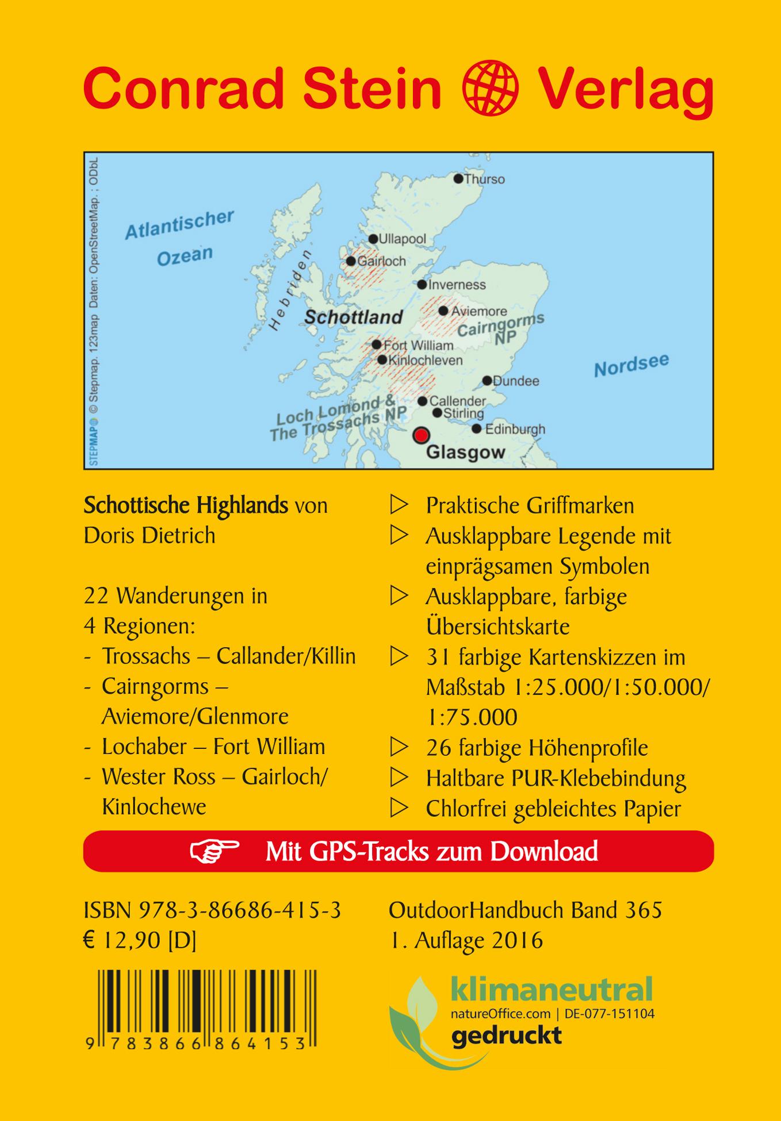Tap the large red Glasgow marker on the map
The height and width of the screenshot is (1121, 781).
click(422, 435)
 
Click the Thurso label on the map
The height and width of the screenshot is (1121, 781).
click(484, 179)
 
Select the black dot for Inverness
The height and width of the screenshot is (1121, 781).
click(422, 285)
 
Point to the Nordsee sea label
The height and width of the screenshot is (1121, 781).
click(631, 365)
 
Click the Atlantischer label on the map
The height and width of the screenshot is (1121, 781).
click(179, 224)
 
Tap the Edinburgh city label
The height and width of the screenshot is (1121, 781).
click(515, 429)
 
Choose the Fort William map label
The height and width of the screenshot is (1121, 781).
click(418, 345)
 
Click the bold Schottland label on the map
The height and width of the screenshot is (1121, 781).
click(353, 317)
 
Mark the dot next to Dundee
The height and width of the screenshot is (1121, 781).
click(487, 381)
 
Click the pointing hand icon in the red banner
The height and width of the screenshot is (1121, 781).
click(215, 851)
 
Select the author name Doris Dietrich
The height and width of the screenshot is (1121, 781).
click(150, 535)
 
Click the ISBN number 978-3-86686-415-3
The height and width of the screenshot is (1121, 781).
click(240, 910)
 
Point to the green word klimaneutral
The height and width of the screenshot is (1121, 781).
click(552, 989)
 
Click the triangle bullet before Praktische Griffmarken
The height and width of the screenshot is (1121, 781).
click(399, 506)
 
